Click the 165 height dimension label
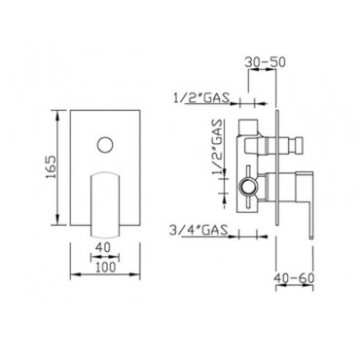(x=51, y=167)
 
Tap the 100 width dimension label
(x=106, y=268)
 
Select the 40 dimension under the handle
(x=104, y=247)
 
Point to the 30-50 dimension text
(x=265, y=62)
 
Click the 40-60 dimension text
(x=294, y=278)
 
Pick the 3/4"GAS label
(x=198, y=231)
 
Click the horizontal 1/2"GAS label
(x=201, y=97)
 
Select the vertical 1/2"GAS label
(x=218, y=147)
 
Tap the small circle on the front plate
(x=105, y=145)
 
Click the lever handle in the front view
(x=105, y=204)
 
